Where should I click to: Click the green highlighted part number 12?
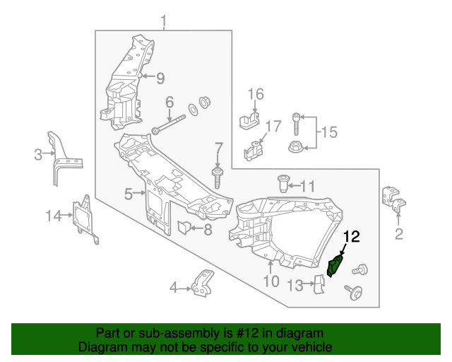pyautogui.click(x=336, y=267)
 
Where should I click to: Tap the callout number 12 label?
pyautogui.click(x=352, y=237)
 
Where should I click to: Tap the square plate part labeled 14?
pyautogui.click(x=85, y=218)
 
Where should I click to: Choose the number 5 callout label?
pyautogui.click(x=128, y=193)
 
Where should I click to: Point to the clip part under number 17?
pyautogui.click(x=254, y=151)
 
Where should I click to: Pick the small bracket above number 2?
pyautogui.click(x=394, y=199)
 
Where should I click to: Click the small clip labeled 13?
pyautogui.click(x=318, y=284)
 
